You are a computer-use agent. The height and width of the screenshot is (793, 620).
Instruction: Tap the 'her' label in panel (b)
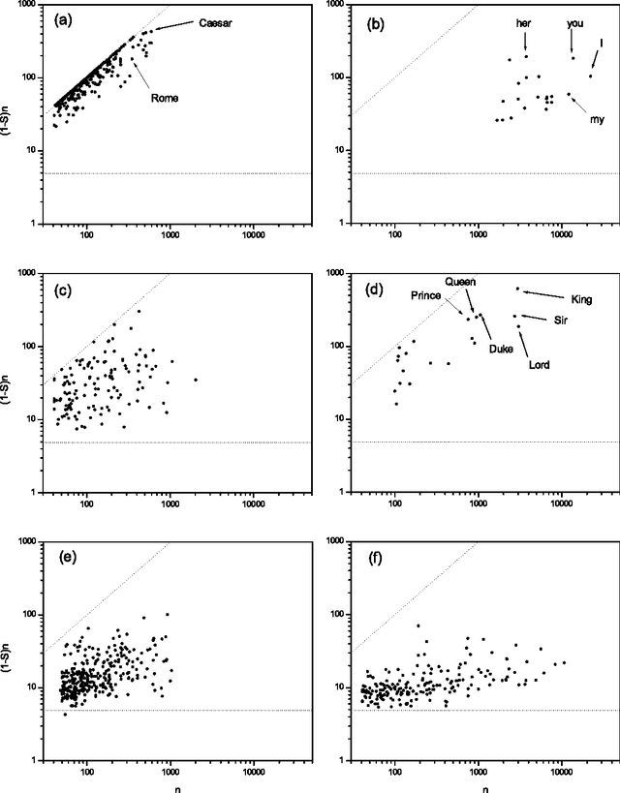pos(523,22)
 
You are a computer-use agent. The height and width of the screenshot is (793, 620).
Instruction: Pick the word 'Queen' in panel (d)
pos(460,282)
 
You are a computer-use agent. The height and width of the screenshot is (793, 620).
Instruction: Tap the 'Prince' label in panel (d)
pos(426,294)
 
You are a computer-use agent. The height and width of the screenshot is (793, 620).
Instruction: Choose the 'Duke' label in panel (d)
pos(501,348)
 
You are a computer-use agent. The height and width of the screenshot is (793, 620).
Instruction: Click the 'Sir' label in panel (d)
pos(559,320)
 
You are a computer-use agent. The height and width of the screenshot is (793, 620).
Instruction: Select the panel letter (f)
pos(372,558)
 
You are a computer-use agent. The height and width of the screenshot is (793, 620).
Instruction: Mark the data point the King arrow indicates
pos(517,289)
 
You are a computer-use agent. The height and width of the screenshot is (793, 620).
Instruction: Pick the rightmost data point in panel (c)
pos(196,380)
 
